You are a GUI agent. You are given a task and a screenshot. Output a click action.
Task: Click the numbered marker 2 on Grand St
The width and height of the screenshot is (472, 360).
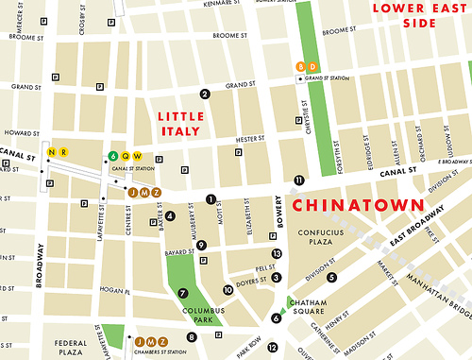click(204, 93)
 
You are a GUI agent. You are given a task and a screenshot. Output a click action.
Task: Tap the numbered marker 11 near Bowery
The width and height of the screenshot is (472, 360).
click(299, 180)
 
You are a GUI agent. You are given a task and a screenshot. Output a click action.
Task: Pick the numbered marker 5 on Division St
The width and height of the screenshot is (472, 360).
click(331, 277)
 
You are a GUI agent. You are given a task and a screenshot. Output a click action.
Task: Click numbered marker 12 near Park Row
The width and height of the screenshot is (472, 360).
click(299, 348)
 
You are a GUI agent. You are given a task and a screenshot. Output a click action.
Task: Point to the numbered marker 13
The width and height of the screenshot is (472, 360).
click(277, 253)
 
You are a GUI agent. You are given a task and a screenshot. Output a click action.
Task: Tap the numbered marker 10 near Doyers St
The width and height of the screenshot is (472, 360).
click(228, 290)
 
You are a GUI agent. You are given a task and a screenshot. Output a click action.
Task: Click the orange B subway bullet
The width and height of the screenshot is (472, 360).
click(300, 66)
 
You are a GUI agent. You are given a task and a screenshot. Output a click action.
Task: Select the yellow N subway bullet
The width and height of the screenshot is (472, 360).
click(52, 152)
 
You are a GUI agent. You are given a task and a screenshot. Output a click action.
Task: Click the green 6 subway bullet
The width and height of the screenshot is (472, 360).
click(113, 156)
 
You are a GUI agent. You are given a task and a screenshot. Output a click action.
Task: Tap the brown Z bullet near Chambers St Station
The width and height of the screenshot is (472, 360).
click(162, 341)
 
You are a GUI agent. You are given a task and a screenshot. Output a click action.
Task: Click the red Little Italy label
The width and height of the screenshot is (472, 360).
click(179, 123)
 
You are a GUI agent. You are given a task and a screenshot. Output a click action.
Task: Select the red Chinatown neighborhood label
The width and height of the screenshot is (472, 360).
click(356, 204)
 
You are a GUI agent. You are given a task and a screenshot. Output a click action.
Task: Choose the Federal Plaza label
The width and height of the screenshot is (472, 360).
click(71, 348)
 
